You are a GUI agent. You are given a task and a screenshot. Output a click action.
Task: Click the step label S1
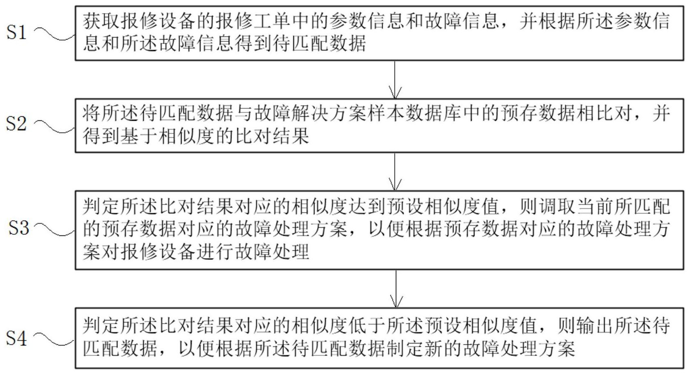click(x=16, y=33)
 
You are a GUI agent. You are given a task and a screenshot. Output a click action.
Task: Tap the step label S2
click(x=16, y=124)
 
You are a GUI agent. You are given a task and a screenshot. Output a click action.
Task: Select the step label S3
click(x=19, y=228)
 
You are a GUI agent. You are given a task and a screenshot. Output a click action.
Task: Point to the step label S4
click(x=16, y=338)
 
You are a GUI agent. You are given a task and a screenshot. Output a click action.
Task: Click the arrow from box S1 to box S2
click(x=395, y=80)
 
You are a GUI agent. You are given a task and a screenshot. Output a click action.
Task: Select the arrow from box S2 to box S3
click(x=395, y=172)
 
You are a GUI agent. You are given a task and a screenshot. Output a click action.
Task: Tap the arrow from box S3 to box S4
click(x=396, y=289)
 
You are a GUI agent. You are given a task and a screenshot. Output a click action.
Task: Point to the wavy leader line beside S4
click(x=54, y=339)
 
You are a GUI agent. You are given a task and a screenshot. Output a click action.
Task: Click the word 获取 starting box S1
click(x=101, y=21)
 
